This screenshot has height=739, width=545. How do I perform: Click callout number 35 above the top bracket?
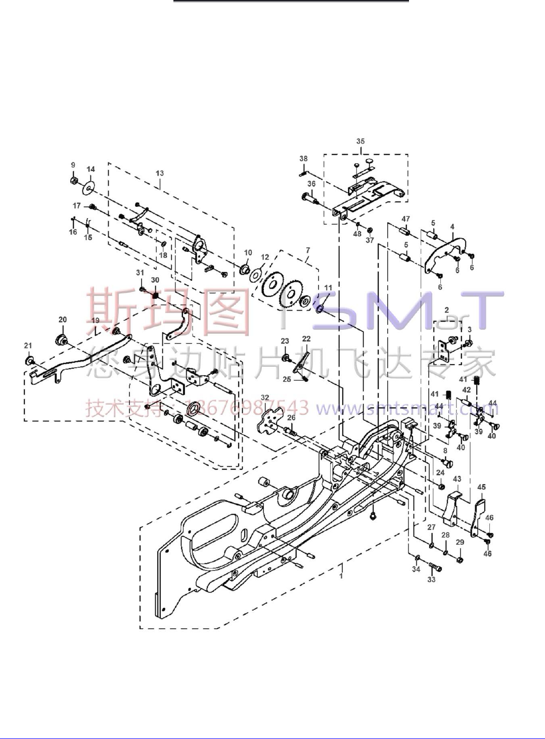pos(360,142)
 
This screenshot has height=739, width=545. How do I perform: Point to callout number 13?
pos(160,173)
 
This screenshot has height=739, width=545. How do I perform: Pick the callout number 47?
pos(405,219)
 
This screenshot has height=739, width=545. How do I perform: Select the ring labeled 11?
pos(320,308)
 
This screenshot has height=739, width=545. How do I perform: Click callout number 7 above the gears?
pos(308,251)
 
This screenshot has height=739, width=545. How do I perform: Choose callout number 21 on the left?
pos(28,346)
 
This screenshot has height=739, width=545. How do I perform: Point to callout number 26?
pos(291,418)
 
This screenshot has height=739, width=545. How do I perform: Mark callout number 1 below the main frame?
pos(341,576)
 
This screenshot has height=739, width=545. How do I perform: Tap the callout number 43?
pos(457,479)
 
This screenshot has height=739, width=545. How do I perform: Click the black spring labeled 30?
pos(155,294)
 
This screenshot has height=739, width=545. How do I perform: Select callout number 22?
pos(306,338)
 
